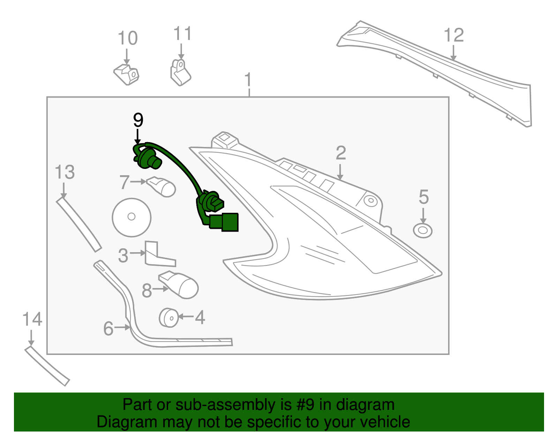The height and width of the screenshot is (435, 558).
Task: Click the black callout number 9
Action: coord(138,120)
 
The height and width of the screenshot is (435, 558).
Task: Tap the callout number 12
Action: coord(454,35)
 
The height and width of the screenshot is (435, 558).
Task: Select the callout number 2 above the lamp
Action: coord(341,153)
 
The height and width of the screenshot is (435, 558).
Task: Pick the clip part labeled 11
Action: coord(180,73)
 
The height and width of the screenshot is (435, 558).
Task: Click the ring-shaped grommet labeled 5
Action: coord(423,231)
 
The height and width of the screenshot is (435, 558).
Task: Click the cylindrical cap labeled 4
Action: coord(169,317)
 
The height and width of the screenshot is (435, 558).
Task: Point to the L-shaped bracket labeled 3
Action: coord(157,256)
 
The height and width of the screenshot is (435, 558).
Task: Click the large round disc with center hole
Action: coord(131,217)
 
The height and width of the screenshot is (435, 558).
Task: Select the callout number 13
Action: coord(65,172)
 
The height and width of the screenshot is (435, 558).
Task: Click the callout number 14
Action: coord(32,319)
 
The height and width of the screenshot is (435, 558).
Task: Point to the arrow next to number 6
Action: coord(122,327)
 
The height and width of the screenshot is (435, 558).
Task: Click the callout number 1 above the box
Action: coord(248,80)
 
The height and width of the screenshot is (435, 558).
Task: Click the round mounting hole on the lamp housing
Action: coord(370,201)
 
